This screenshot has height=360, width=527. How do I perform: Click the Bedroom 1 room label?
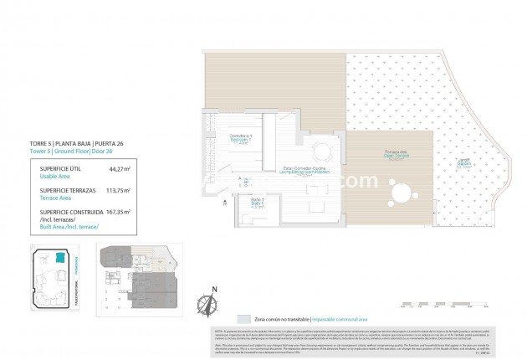(x=241, y=141)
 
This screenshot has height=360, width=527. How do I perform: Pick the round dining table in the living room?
(x=322, y=152)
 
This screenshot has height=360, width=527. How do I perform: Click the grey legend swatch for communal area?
(x=242, y=320)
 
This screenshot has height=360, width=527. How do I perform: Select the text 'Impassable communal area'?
(x=343, y=320)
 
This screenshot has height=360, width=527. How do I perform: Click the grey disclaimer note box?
(x=361, y=343)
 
